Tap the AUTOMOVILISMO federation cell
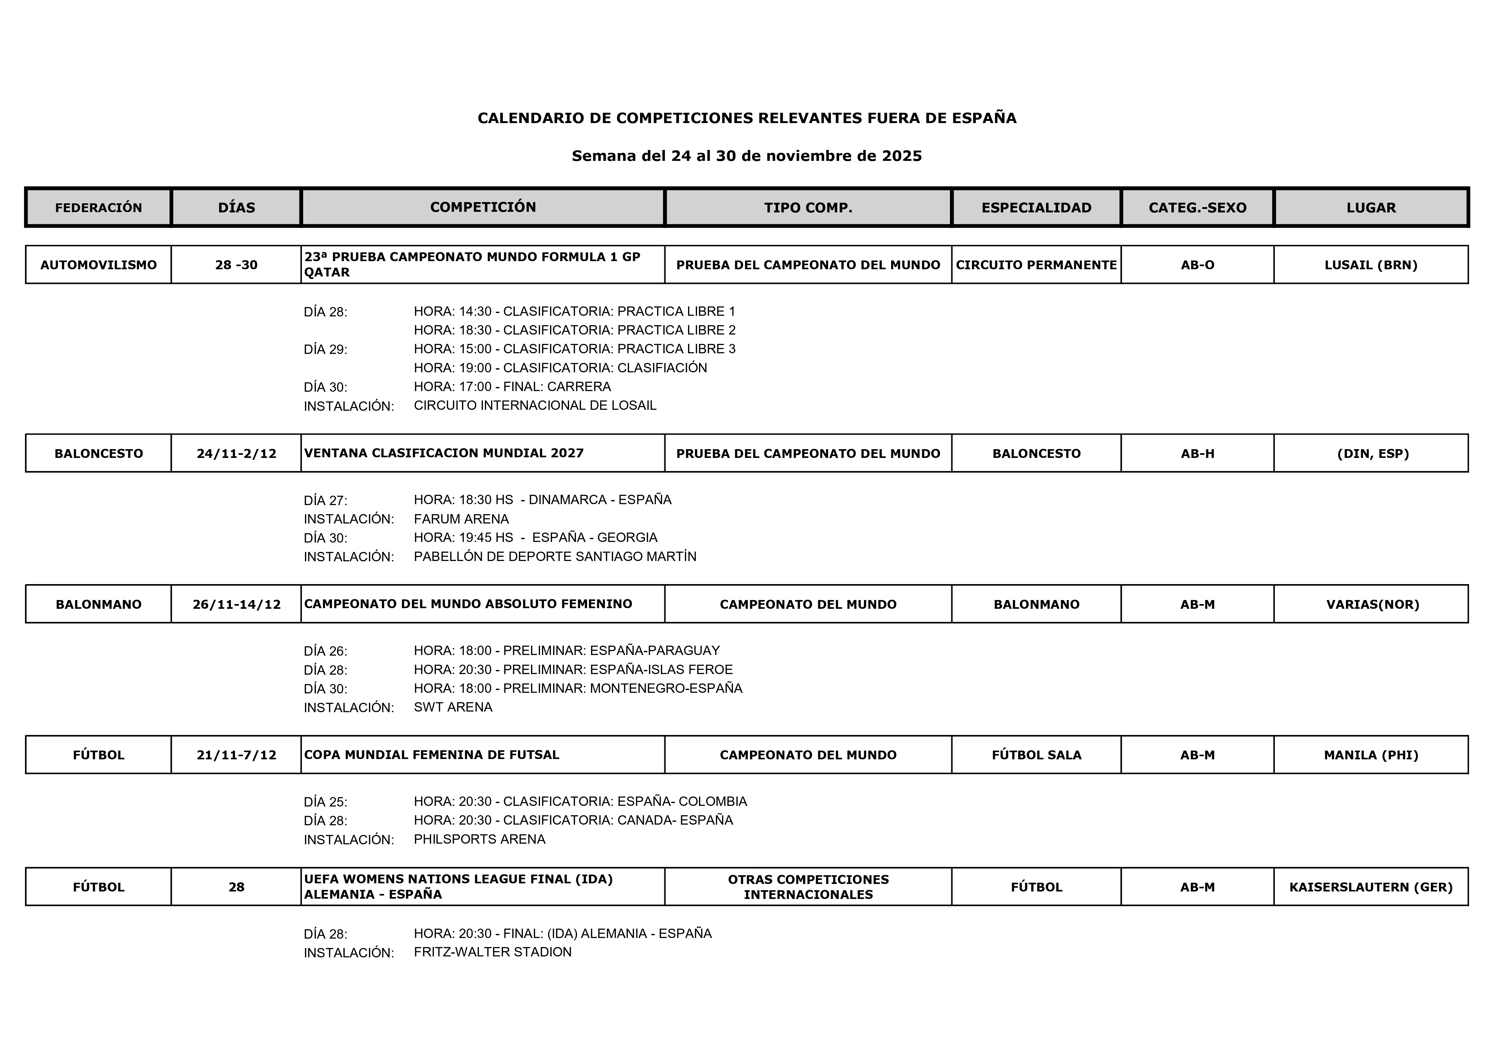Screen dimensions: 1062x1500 99,265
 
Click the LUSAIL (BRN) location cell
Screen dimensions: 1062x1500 1370,265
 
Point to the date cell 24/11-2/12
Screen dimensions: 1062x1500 237,453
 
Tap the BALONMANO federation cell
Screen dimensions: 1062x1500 99,604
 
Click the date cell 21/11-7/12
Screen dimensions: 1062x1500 237,755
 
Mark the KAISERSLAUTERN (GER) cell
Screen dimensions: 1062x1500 1370,887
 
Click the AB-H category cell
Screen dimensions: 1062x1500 1198,453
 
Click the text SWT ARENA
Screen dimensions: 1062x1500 453,707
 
